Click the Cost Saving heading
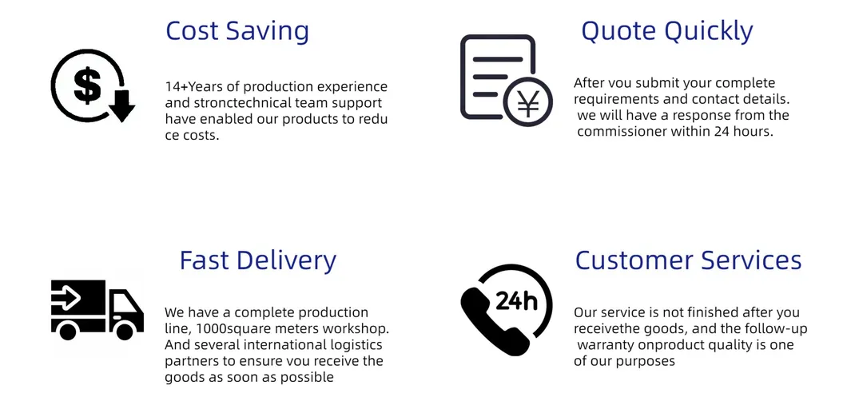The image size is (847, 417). [237, 31]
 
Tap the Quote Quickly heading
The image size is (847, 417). [666, 31]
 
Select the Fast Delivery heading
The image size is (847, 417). [257, 260]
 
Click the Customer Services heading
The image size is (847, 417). [688, 260]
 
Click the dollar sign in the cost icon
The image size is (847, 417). [86, 85]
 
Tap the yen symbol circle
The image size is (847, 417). [527, 101]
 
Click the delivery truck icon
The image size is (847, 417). [97, 309]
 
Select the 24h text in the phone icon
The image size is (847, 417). [516, 300]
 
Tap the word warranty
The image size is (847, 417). [608, 345]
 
